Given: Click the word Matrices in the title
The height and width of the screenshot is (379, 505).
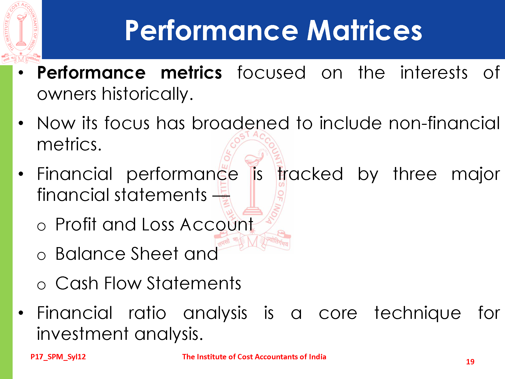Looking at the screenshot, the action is click(x=364, y=30).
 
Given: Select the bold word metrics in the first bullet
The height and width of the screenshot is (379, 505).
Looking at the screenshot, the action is click(x=191, y=73).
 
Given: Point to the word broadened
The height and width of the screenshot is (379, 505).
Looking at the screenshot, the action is click(x=240, y=123).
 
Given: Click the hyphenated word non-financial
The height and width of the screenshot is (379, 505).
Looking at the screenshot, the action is click(x=444, y=123).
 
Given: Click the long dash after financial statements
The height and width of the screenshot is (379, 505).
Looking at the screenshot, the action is click(x=221, y=196).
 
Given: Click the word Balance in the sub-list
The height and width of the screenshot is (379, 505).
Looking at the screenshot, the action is click(x=90, y=254).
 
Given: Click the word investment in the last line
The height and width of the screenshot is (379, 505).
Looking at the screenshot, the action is click(x=83, y=334).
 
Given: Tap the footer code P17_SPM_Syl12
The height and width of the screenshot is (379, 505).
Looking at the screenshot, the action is click(x=58, y=357).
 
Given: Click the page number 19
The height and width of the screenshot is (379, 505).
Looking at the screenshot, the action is click(x=470, y=362).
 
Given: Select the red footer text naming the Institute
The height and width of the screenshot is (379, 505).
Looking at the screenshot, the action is click(x=254, y=357).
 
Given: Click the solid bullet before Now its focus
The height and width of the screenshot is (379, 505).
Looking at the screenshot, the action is click(x=21, y=123).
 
